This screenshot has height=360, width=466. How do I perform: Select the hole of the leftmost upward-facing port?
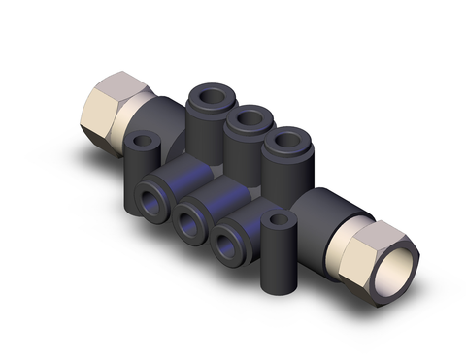[210, 98]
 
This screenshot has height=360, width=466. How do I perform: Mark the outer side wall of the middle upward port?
[245, 144]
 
